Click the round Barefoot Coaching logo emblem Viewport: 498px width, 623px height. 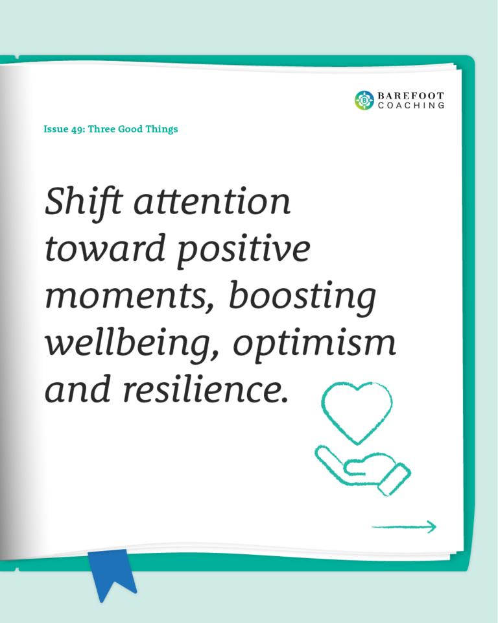click(364, 100)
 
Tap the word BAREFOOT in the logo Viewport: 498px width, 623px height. click(410, 96)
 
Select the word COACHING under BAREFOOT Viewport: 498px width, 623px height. click(411, 105)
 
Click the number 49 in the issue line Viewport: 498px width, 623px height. click(77, 130)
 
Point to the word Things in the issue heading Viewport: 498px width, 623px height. click(161, 130)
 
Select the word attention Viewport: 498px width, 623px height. click(212, 202)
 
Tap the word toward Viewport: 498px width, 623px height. click(105, 248)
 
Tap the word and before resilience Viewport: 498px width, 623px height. click(77, 389)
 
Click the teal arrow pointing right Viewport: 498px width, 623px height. click(404, 527)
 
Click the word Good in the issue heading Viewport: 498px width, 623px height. click(130, 129)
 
